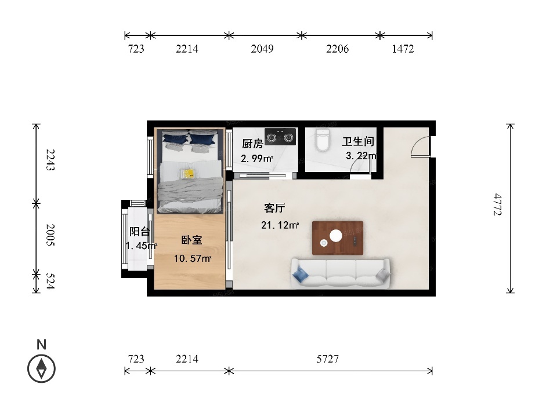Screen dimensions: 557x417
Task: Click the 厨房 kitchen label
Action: [252, 144]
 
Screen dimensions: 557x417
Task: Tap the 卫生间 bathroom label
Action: [358, 141]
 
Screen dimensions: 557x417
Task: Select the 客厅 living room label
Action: [274, 208]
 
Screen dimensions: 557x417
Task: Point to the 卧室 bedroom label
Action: [192, 240]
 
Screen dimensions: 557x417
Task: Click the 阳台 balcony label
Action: [139, 232]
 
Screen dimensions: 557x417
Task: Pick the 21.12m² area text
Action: [280, 225]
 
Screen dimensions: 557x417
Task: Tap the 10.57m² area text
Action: [193, 258]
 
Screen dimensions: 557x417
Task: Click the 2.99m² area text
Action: [257, 158]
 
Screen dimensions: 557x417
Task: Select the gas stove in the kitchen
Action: [281, 137]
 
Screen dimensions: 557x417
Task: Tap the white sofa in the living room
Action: [341, 273]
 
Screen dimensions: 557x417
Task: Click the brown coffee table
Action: [338, 238]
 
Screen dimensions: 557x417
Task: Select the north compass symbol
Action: [42, 369]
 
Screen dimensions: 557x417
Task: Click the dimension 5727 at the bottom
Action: [327, 359]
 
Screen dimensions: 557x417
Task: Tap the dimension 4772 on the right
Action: [498, 204]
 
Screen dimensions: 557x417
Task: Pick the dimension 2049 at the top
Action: [262, 49]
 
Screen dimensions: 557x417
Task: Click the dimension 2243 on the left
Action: [51, 160]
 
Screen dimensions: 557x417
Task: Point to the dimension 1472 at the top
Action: [403, 49]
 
